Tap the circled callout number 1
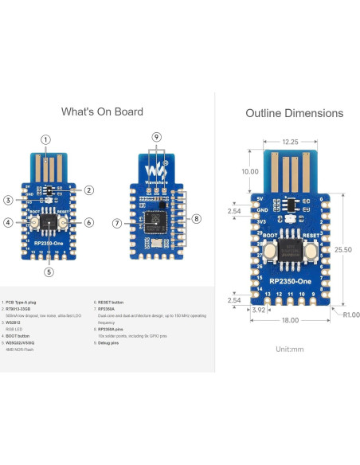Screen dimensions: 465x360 pyautogui.click(x=46, y=140)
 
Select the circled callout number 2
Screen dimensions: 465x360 pyautogui.click(x=89, y=190)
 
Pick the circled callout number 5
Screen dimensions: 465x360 pyautogui.click(x=49, y=272)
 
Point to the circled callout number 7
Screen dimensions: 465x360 pyautogui.click(x=116, y=224)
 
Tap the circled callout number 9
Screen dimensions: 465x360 pyautogui.click(x=156, y=138)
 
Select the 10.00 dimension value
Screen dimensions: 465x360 pyautogui.click(x=249, y=171)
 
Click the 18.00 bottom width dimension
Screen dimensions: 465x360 pyautogui.click(x=290, y=320)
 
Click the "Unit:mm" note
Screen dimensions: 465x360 pyautogui.click(x=291, y=349)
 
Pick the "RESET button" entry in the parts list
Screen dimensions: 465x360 pyautogui.click(x=110, y=303)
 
